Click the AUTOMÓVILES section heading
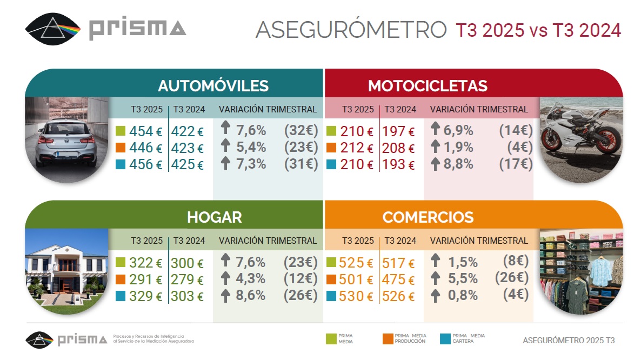[x=213, y=86]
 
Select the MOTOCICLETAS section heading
[x=428, y=86]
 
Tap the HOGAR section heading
[x=214, y=217]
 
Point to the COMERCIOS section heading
[x=428, y=217]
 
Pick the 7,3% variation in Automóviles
[x=250, y=164]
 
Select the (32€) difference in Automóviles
[x=301, y=131]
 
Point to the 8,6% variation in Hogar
[x=250, y=296]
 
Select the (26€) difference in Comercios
[x=511, y=278]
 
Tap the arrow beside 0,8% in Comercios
[x=435, y=295]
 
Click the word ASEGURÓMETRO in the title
[x=351, y=30]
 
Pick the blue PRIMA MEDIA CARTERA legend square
[x=445, y=339]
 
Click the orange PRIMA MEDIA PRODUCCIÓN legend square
[x=387, y=339]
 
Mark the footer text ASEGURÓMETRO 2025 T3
[x=569, y=341]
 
